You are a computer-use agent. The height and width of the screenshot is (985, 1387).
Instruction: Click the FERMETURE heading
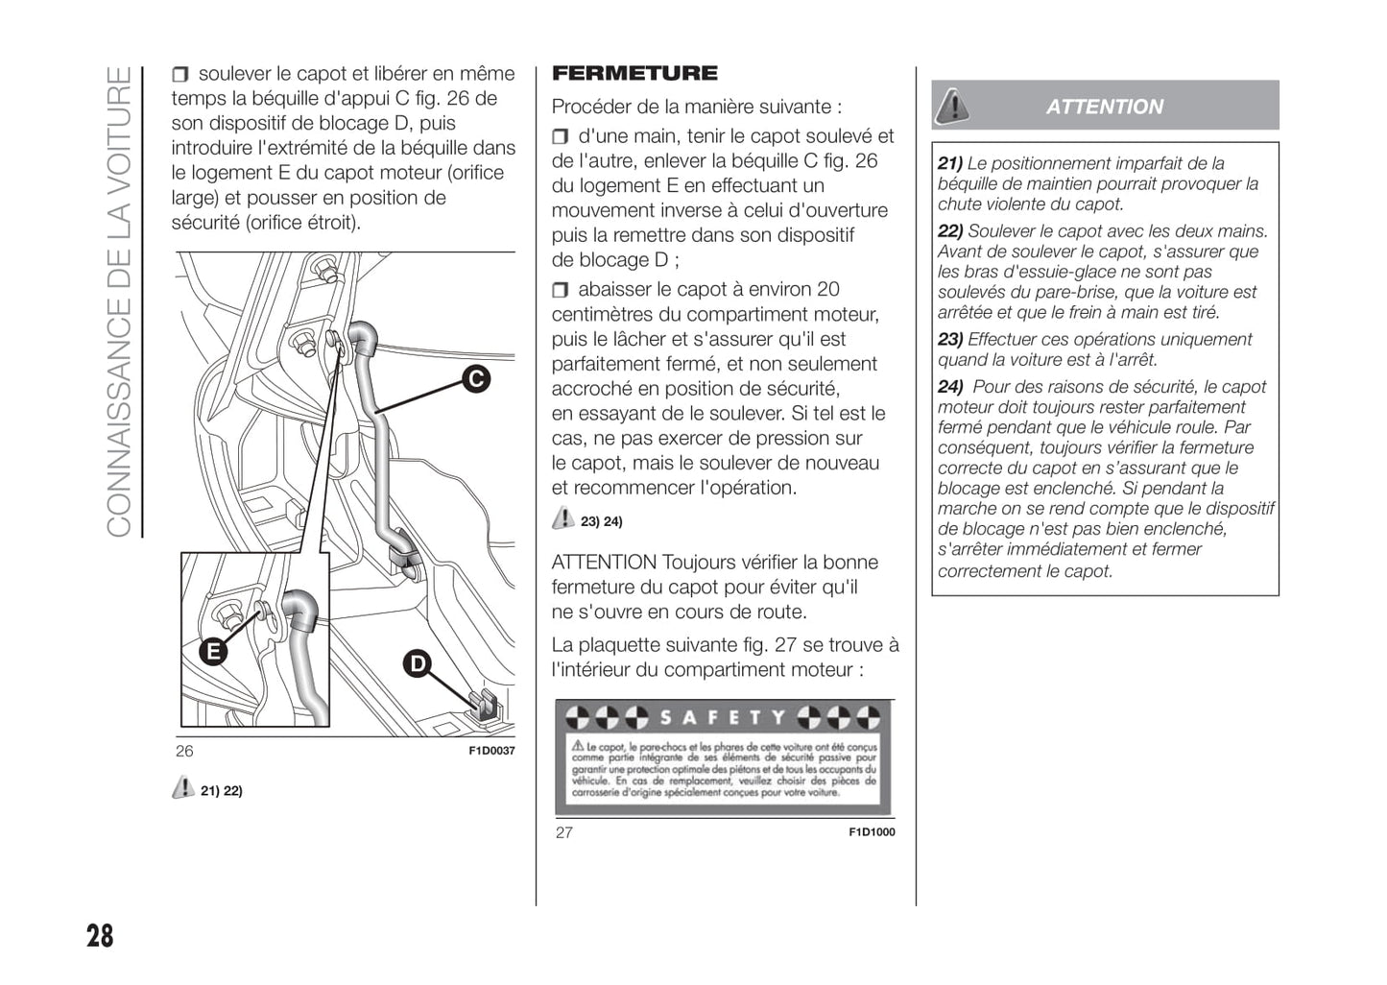coord(634,74)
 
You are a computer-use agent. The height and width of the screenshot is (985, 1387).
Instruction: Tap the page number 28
coord(100,935)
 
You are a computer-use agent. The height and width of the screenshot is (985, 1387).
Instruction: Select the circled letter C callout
coord(475,379)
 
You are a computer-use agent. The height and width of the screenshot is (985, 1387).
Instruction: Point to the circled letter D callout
coord(417,663)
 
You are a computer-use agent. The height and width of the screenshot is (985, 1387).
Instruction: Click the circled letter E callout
coord(212,651)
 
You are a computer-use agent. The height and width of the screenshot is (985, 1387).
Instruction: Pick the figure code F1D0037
coord(491,751)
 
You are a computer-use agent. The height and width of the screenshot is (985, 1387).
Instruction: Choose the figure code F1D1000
coord(872,832)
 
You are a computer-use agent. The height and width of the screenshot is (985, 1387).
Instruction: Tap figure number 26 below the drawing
coord(184,751)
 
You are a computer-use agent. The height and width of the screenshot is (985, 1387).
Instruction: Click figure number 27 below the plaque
coord(564,832)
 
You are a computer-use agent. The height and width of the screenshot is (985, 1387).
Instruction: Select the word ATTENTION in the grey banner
coord(1104,107)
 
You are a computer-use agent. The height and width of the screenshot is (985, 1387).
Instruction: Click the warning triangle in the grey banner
coord(951,106)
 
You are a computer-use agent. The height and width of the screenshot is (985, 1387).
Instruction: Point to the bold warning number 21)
coord(950,163)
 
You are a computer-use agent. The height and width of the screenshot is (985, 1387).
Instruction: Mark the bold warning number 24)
coord(950,387)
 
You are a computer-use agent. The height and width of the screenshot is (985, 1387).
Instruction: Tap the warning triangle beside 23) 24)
coord(562,519)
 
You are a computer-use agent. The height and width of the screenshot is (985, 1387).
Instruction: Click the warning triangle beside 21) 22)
coord(182,788)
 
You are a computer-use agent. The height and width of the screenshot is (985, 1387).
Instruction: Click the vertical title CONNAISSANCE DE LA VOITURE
coord(118,301)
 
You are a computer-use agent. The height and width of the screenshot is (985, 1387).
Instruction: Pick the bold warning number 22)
coord(950,231)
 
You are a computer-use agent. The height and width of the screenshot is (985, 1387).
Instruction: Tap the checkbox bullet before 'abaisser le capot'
coord(561,290)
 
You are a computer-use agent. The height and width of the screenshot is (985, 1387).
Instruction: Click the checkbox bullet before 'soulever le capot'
coord(180,75)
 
